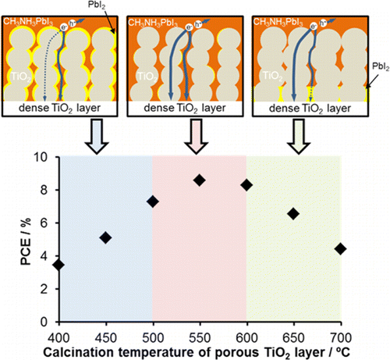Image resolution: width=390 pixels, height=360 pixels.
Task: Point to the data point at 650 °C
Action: tap(293, 213)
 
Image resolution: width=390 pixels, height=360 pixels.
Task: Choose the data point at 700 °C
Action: tap(340, 248)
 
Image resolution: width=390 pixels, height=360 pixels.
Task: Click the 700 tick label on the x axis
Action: tap(340, 331)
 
